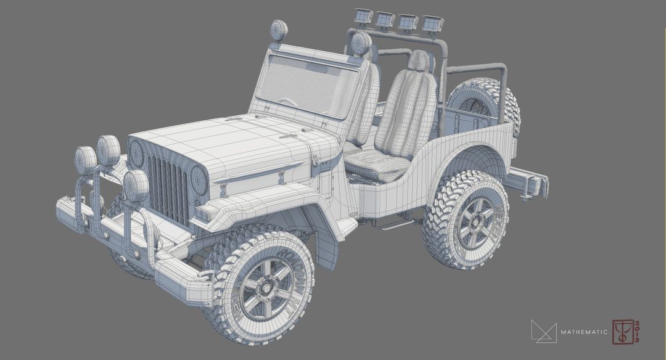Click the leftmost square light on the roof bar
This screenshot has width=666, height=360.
tap(363, 17)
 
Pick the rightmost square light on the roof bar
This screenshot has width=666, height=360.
tap(433, 23)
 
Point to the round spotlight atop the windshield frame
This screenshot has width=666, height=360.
tap(279, 30)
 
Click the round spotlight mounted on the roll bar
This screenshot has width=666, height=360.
tap(361, 43)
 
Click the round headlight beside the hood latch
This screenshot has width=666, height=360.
tap(199, 180)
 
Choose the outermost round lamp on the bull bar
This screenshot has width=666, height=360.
tap(84, 160)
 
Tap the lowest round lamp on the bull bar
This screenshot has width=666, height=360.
tap(136, 186)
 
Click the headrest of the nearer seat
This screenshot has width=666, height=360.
tap(419, 61)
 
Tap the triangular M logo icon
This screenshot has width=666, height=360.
tap(543, 332)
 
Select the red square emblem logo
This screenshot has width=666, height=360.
tap(622, 332)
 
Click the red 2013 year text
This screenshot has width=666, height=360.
tap(637, 332)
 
